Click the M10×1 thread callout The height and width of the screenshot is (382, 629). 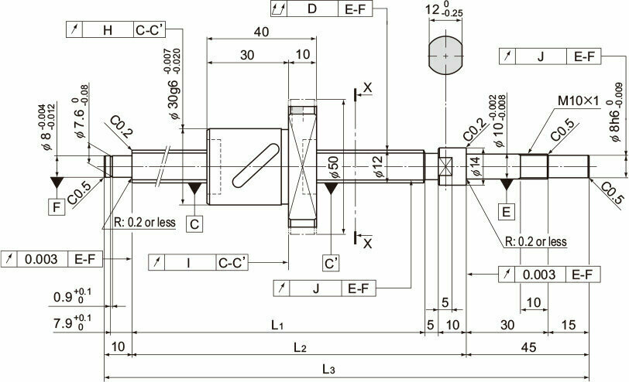(x=578, y=101)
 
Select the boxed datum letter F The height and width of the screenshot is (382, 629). (x=57, y=207)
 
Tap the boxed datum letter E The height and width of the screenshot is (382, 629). (x=507, y=211)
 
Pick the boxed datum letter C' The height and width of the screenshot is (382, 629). (x=331, y=264)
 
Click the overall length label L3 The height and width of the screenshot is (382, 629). (x=328, y=369)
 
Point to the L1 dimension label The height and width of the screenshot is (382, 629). (x=277, y=325)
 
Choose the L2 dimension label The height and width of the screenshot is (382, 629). (x=300, y=347)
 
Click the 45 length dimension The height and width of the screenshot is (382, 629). (x=528, y=347)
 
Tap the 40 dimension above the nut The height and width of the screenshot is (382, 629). (x=261, y=32)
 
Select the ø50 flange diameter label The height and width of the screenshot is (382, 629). (x=334, y=167)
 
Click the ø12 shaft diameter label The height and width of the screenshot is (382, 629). (x=378, y=166)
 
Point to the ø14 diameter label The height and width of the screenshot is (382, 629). (x=476, y=166)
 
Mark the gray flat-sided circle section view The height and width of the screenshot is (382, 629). (x=445, y=55)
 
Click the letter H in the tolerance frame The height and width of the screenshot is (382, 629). (x=108, y=30)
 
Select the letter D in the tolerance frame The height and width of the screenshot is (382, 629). (x=312, y=9)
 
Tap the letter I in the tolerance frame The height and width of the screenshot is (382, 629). (x=188, y=263)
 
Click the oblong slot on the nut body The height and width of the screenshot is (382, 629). (x=256, y=165)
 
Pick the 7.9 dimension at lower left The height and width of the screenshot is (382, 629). (x=72, y=322)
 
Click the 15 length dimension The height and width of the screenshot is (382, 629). (x=568, y=325)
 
